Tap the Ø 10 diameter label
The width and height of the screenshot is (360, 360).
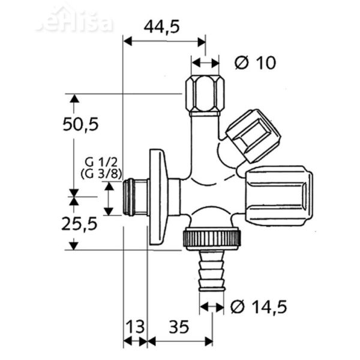click(x=256, y=62)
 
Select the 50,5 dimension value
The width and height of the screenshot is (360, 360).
click(x=80, y=124)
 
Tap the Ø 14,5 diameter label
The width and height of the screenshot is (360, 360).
click(x=259, y=307)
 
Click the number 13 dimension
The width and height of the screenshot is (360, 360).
click(x=136, y=327)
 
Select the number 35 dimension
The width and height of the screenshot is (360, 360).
click(x=179, y=327)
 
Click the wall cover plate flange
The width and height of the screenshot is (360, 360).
click(x=157, y=197)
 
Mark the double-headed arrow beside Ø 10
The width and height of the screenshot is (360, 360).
click(x=205, y=62)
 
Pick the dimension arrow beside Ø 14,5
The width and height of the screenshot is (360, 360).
click(x=212, y=307)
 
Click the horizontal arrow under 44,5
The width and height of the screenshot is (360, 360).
click(x=164, y=41)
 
